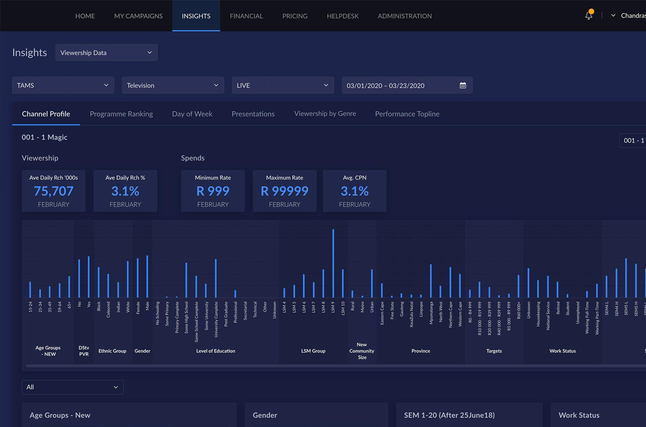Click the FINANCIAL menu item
(246, 16)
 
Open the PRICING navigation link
(295, 16)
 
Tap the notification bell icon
(588, 15)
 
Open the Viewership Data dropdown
(106, 52)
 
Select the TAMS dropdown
(63, 85)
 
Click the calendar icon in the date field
(463, 85)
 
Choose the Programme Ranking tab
(121, 114)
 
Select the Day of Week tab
(192, 114)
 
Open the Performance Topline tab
(407, 114)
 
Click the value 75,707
(54, 191)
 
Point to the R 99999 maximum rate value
(284, 191)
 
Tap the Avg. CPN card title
(355, 178)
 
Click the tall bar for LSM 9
(333, 263)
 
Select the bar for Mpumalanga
(431, 281)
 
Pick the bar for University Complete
(216, 278)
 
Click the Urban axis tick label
(372, 307)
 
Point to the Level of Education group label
(216, 351)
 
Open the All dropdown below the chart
(73, 387)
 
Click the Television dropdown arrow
(216, 85)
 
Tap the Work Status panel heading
(579, 415)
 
